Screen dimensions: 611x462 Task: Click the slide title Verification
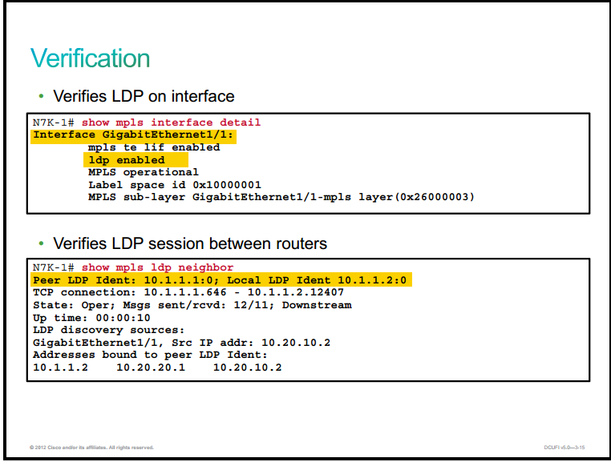90,58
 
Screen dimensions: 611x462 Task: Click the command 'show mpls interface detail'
171,123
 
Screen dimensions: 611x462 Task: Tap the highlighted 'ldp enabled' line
127,160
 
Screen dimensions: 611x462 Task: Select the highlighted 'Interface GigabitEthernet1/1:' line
133,135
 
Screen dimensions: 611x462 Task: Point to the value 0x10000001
227,185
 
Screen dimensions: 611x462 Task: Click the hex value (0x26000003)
435,197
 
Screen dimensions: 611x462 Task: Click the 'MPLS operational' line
144,172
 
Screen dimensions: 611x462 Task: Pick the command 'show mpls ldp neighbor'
157,267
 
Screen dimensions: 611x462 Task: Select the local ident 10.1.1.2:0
372,280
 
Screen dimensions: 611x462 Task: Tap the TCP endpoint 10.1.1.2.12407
296,292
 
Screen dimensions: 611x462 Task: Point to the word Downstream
317,305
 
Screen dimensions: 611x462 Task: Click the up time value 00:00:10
123,318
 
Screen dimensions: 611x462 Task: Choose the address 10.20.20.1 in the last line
151,368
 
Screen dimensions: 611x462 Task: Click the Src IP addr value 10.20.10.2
296,343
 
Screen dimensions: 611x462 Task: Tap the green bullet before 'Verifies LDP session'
42,243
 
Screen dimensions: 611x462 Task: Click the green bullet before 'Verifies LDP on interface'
42,96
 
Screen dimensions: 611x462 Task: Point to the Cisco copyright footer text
91,448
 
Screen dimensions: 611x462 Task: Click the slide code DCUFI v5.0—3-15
564,448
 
